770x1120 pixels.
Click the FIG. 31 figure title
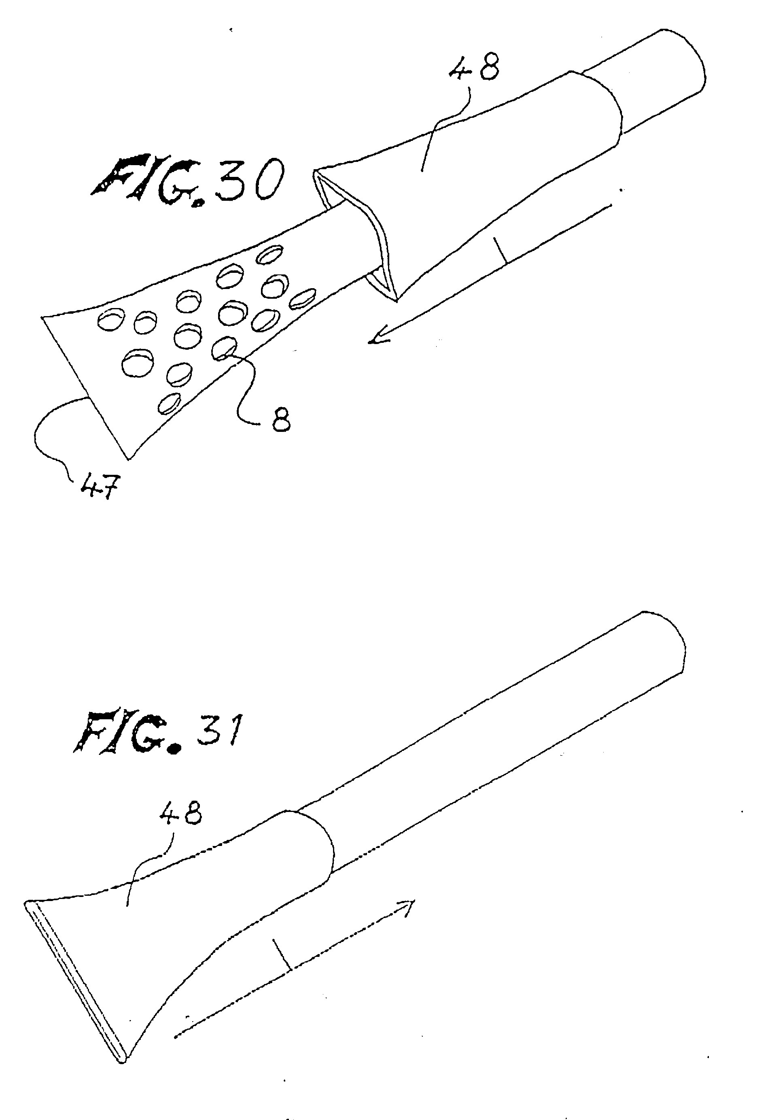[157, 733]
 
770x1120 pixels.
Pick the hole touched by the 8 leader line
[224, 349]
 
